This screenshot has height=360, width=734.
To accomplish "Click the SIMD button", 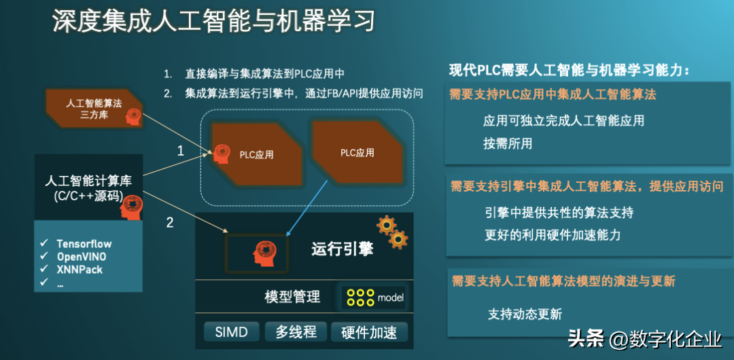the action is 231,332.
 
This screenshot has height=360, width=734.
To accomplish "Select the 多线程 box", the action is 296,332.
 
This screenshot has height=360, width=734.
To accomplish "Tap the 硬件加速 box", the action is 369,332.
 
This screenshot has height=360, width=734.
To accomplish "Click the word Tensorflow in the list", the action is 84,244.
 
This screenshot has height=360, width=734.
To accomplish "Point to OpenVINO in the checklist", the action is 82,257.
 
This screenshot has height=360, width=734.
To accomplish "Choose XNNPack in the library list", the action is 80,270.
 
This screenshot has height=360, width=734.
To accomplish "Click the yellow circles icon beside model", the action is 360,298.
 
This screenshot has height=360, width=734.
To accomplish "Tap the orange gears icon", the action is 392,232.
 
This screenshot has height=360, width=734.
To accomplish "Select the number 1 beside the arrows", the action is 181,151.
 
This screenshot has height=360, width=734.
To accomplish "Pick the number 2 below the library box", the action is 170,222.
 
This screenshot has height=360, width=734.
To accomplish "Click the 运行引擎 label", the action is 342,249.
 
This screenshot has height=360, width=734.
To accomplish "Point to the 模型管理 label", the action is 292,297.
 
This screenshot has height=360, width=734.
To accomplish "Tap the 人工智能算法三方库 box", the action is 94,108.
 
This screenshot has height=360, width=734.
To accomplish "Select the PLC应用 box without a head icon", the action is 357,152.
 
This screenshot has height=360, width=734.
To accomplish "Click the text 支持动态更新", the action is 525,314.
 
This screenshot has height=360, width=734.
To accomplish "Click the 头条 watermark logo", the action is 586,339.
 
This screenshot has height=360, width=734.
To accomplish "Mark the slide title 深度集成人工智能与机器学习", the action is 213,22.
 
